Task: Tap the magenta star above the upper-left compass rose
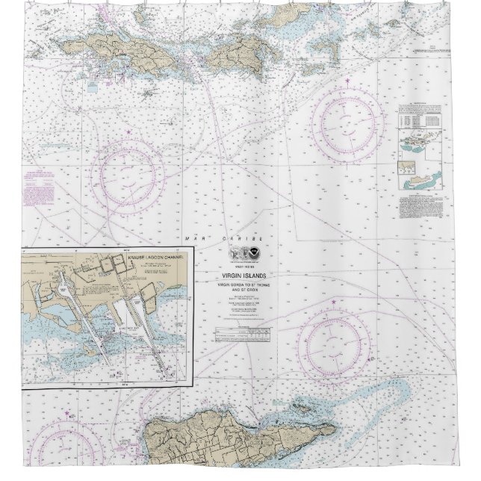(x=128, y=132)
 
